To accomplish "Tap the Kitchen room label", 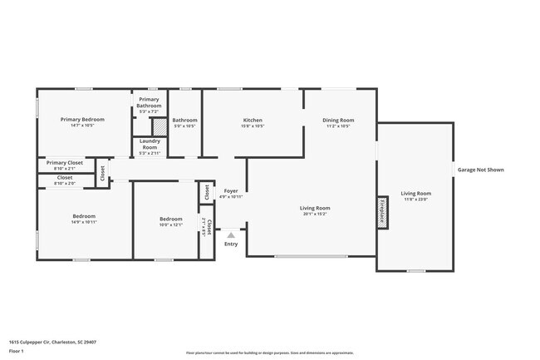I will [x=253, y=120].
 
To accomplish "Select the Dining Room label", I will [x=338, y=120].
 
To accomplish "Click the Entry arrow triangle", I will [x=231, y=235].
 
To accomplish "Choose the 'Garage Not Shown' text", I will [x=480, y=170].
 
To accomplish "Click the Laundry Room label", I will [x=150, y=145].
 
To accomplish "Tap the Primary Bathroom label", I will [x=150, y=102].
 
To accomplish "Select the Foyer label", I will [x=231, y=191].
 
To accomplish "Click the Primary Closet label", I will [x=65, y=163].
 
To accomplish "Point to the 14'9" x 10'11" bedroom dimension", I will [x=83, y=222].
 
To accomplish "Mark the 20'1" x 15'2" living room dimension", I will [x=316, y=214].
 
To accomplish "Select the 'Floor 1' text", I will [x=17, y=351].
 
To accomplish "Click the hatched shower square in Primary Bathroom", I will [x=159, y=126].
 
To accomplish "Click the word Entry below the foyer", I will [x=231, y=244].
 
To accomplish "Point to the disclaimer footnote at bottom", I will [x=269, y=352].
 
